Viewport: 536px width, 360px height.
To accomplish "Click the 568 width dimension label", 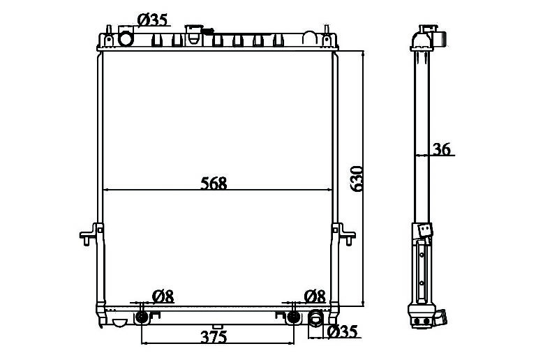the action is tap(214, 183).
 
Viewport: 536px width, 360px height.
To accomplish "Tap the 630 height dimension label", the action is tap(356, 179).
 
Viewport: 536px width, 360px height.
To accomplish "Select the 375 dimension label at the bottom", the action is tap(214, 337).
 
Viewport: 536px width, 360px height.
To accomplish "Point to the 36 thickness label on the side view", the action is tap(442, 149).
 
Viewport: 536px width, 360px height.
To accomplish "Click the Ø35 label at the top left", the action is tap(152, 20).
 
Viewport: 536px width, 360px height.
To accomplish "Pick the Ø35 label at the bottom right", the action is tap(342, 331).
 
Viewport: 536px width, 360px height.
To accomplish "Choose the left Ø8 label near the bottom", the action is tap(163, 297).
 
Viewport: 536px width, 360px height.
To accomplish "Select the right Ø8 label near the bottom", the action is tap(315, 297).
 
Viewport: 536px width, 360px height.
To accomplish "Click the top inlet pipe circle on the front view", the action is tap(126, 38).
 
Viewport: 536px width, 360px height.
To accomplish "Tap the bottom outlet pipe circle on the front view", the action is tap(315, 317).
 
